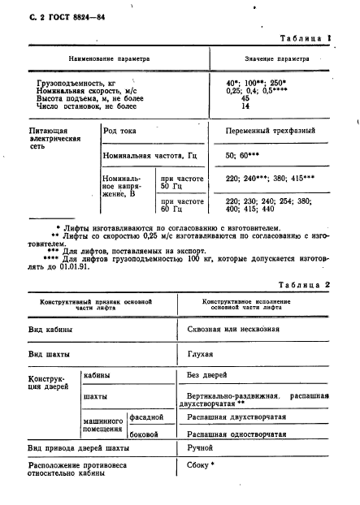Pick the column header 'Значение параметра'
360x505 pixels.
click(x=276, y=60)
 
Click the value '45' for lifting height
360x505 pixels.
click(x=245, y=98)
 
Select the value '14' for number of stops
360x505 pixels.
click(x=245, y=106)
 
